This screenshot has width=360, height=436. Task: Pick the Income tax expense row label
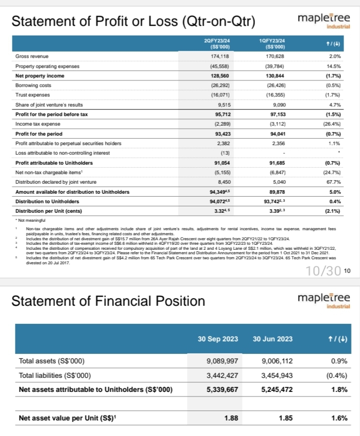[36, 124]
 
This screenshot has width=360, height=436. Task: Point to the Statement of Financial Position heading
[107, 301]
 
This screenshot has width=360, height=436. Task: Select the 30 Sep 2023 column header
[217, 339]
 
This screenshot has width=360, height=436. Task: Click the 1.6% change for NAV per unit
[339, 418]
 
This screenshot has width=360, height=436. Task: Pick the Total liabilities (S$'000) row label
[51, 374]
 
